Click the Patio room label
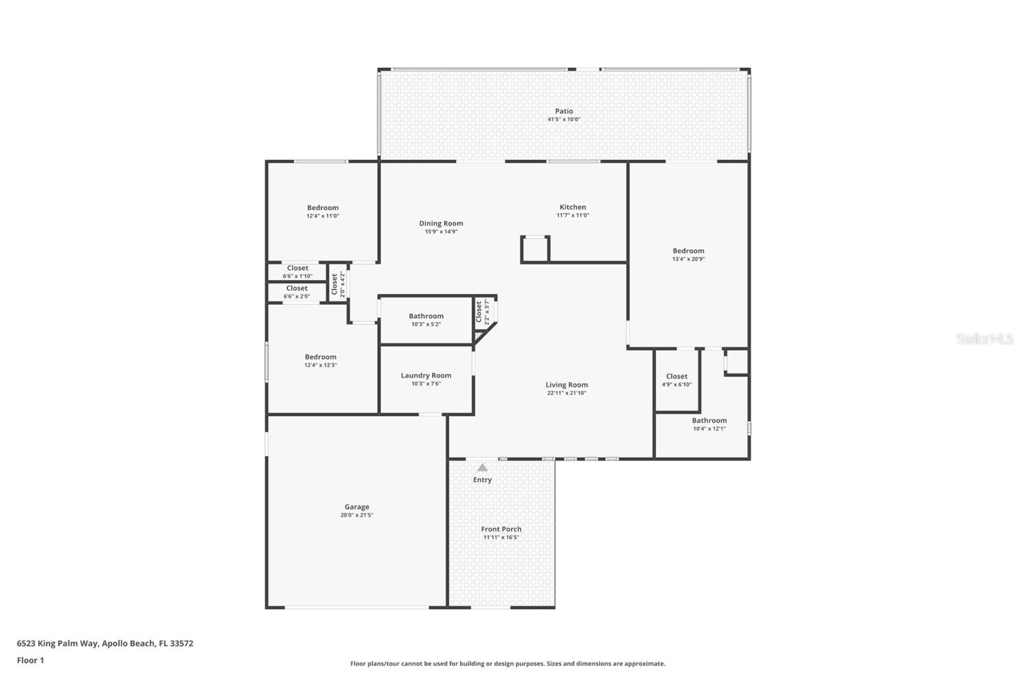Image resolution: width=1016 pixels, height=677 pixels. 564,111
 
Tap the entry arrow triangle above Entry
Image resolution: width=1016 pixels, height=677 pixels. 483,467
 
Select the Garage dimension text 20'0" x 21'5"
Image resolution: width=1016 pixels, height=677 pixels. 357,515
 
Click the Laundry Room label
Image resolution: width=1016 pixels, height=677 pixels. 426,375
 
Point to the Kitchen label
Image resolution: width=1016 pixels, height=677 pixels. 573,207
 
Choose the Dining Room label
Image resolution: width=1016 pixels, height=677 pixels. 441,224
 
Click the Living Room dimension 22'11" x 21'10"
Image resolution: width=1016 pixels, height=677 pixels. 566,393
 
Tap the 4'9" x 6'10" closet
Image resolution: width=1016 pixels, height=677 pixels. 677,380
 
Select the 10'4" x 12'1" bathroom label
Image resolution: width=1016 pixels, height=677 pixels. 709,424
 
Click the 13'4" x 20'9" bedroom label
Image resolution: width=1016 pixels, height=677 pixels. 688,255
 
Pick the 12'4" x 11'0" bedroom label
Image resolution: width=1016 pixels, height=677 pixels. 323,211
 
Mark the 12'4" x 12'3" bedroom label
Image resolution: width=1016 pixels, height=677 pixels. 320,361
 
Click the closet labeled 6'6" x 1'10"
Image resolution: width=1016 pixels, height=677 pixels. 297,272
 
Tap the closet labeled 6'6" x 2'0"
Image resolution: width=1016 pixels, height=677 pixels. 297,292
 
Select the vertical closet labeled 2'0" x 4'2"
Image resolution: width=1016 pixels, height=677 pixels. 337,284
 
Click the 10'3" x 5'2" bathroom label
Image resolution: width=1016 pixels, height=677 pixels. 426,319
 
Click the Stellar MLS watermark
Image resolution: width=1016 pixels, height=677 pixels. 984,339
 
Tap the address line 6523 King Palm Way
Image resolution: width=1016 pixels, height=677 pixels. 105,643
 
